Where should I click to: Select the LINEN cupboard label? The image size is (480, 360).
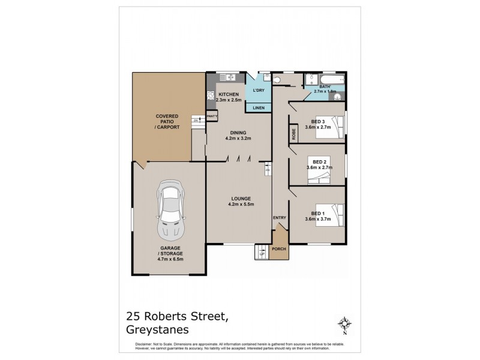259,108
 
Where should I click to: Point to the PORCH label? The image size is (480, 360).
278,248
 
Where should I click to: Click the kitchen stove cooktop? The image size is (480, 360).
211,95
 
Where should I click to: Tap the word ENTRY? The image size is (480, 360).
279,217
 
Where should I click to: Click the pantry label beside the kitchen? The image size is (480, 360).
212,116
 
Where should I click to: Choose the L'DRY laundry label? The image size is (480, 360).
259,90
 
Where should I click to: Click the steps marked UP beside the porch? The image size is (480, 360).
261,251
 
